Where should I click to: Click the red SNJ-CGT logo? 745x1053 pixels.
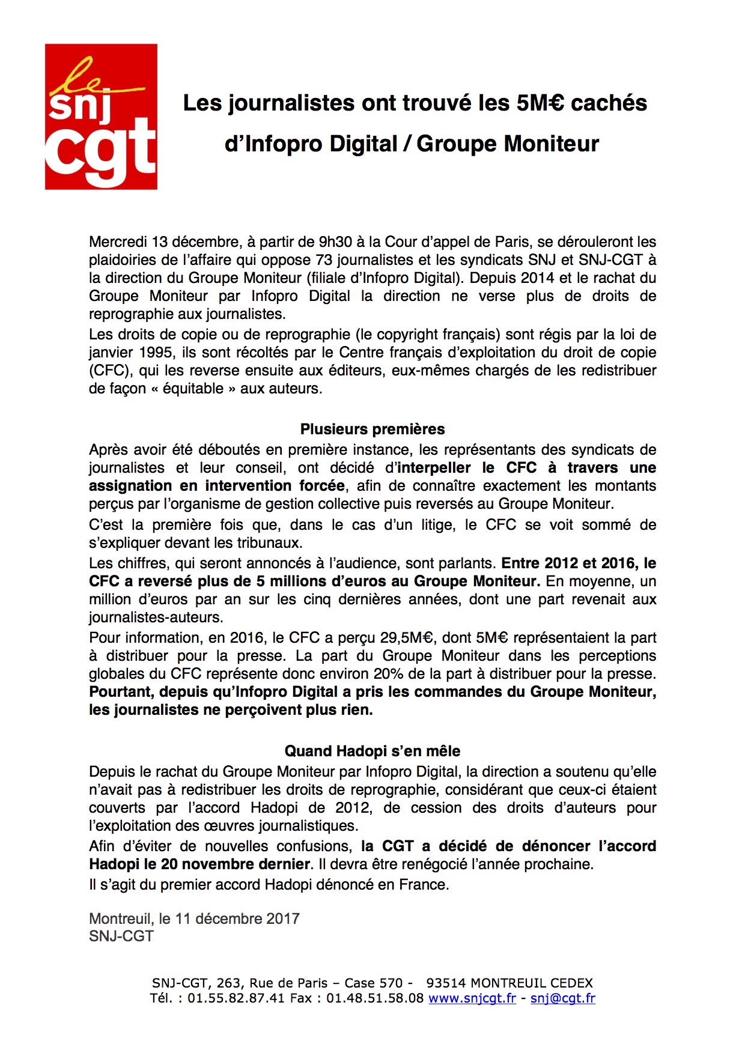[101, 117]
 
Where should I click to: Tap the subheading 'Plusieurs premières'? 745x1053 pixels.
[372, 429]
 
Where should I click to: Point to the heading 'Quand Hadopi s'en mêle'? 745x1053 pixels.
[372, 751]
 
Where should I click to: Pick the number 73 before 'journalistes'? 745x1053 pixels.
[324, 260]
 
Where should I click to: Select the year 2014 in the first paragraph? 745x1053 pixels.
[538, 278]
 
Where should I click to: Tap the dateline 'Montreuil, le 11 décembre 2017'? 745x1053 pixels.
[194, 918]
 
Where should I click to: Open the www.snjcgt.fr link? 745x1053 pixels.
[472, 998]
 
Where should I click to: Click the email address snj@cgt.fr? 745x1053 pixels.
[563, 998]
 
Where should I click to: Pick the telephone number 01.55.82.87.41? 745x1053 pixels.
[236, 998]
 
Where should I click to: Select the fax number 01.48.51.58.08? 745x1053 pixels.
[375, 998]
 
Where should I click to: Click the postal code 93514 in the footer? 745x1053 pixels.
[446, 983]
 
